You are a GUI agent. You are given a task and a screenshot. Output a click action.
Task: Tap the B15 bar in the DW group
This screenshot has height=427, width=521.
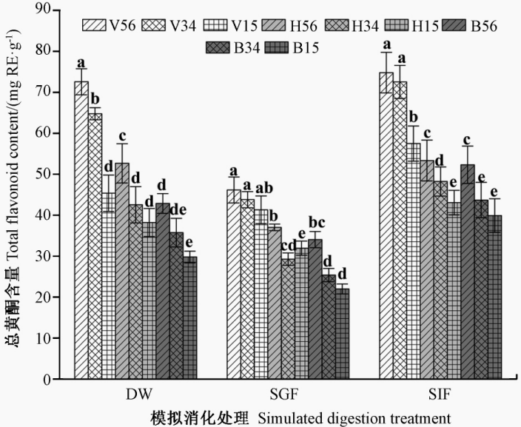pos(189,317)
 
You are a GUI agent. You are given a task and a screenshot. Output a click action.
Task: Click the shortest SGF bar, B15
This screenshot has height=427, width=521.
pos(341,334)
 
